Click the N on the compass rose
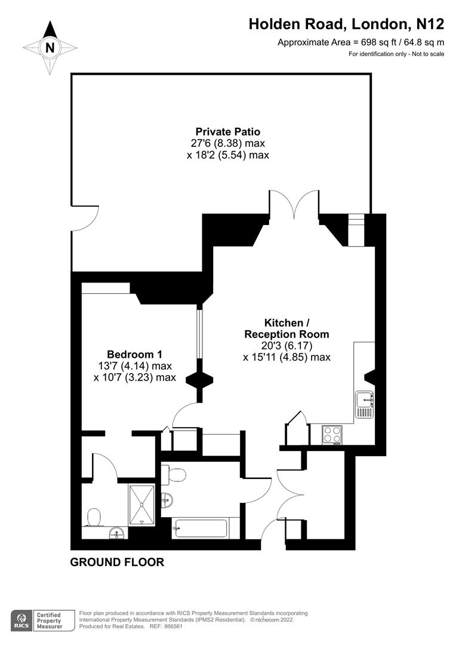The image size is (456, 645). click(x=51, y=47)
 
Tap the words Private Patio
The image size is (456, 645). click(x=227, y=131)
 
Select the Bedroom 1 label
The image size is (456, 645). click(x=134, y=354)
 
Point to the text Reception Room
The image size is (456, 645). click(x=286, y=334)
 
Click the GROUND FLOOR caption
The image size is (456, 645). click(x=117, y=562)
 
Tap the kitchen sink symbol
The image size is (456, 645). click(x=364, y=404)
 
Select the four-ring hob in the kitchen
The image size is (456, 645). click(x=332, y=434)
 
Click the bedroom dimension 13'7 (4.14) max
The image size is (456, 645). click(x=134, y=365)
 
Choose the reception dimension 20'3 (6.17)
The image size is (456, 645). click(x=286, y=346)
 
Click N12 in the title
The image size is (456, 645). click(x=430, y=24)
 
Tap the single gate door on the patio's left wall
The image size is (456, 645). click(x=82, y=222)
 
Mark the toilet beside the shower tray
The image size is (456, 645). click(x=94, y=517)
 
